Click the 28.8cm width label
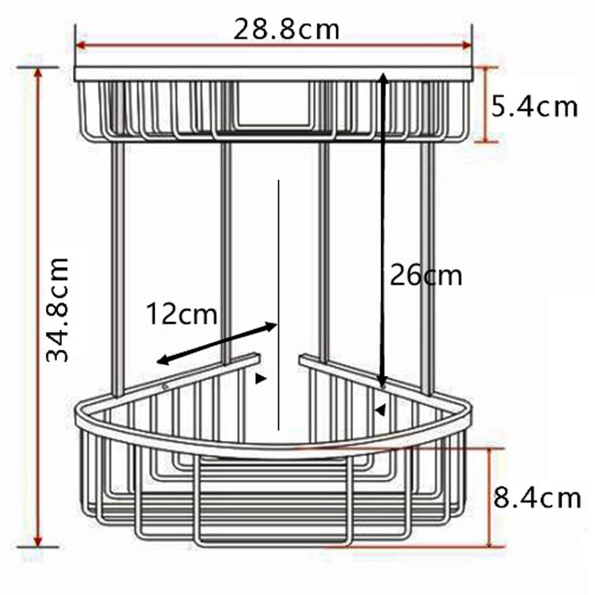tap(286, 30)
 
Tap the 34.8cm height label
tap(57, 310)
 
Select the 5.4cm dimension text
tap(534, 107)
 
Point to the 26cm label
tap(426, 275)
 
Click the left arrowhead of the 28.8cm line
tap(80, 45)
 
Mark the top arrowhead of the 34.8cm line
tap(37, 72)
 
